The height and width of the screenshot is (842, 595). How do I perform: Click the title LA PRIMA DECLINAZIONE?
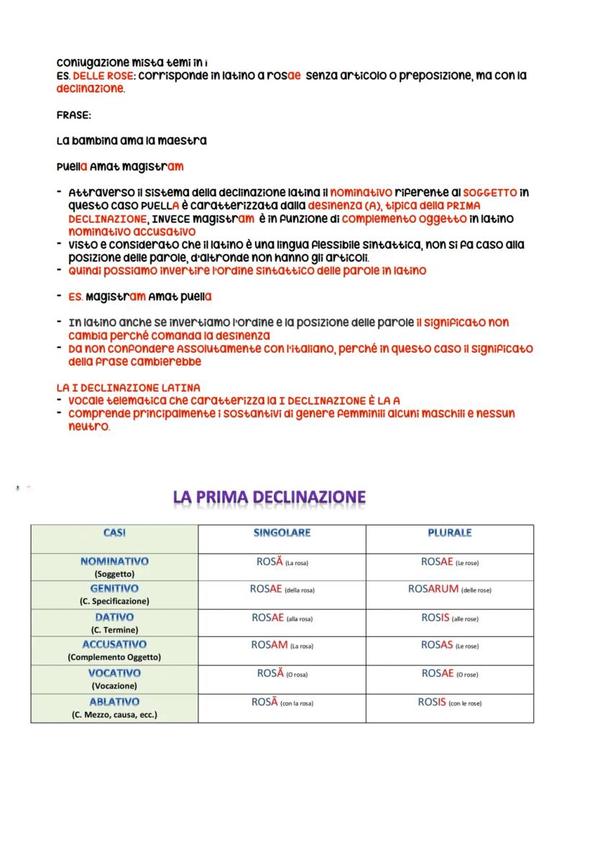point(269,498)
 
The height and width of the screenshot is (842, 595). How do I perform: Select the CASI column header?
point(114,534)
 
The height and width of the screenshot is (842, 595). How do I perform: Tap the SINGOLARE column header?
point(282,534)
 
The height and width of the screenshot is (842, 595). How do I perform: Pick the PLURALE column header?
point(449,534)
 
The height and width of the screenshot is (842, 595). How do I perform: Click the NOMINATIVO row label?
point(114,561)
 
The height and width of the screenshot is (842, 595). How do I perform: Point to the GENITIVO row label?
point(114,589)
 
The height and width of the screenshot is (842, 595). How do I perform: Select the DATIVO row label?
point(114,617)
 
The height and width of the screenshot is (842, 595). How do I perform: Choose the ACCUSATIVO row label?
point(114,645)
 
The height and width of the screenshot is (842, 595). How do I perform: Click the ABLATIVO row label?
point(114,702)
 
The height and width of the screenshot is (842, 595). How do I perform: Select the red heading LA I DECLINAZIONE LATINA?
point(128,388)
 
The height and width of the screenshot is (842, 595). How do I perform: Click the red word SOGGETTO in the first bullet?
point(489,193)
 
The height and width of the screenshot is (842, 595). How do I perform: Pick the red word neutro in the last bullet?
point(88,426)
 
